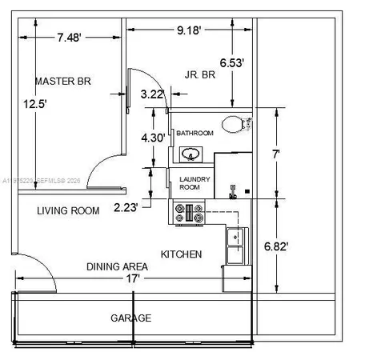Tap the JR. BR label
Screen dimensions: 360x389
pos(200,75)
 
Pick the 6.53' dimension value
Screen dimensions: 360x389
pos(232,61)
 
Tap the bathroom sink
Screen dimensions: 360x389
pos(190,154)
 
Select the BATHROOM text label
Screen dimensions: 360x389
pos(194,133)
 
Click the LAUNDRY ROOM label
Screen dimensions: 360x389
pos(194,183)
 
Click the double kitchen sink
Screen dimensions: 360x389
pos(236,246)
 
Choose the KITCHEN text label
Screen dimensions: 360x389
pos(181,254)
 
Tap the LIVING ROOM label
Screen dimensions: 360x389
pos(69,211)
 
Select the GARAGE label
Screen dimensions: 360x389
pos(130,318)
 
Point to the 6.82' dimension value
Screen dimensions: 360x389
pos(278,246)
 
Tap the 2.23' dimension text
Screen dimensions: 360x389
pos(126,208)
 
